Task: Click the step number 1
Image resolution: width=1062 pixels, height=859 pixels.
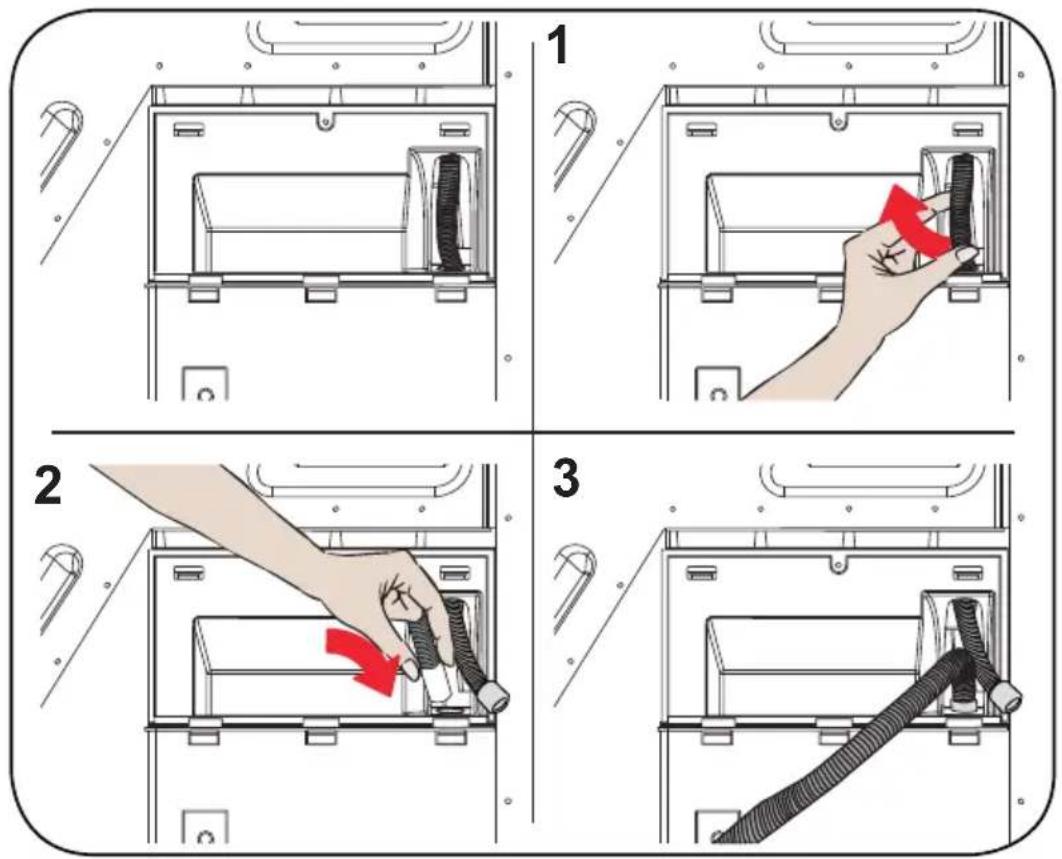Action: [557, 45]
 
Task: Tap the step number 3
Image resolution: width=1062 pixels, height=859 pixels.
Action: [566, 478]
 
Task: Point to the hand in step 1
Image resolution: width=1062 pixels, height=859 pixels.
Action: [874, 298]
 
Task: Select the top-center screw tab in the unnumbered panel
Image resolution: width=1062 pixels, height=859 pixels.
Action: [326, 120]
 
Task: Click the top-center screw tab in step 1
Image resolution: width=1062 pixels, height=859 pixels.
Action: [838, 120]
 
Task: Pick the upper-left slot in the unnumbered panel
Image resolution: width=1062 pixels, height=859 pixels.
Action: [188, 129]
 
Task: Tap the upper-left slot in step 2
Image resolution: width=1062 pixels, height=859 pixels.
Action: [188, 573]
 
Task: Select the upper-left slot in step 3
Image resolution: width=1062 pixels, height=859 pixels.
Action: [701, 573]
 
